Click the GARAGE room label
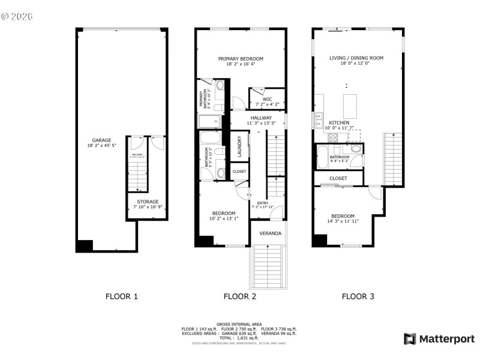click(x=101, y=140)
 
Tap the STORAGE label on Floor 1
click(x=147, y=202)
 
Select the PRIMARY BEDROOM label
click(x=241, y=59)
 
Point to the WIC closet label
click(x=267, y=99)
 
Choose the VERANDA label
click(x=270, y=233)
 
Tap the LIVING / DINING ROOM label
click(x=356, y=58)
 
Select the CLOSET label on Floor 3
click(x=338, y=178)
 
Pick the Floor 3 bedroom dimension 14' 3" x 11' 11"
click(x=343, y=221)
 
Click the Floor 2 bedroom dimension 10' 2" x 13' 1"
click(x=224, y=218)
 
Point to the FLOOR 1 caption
click(x=122, y=296)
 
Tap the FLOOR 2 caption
click(x=240, y=296)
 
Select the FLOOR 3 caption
click(x=358, y=296)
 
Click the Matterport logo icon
click(x=410, y=339)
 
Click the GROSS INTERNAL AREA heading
click(x=239, y=324)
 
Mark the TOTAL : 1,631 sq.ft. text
click(x=239, y=338)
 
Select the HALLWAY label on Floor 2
click(x=261, y=118)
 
